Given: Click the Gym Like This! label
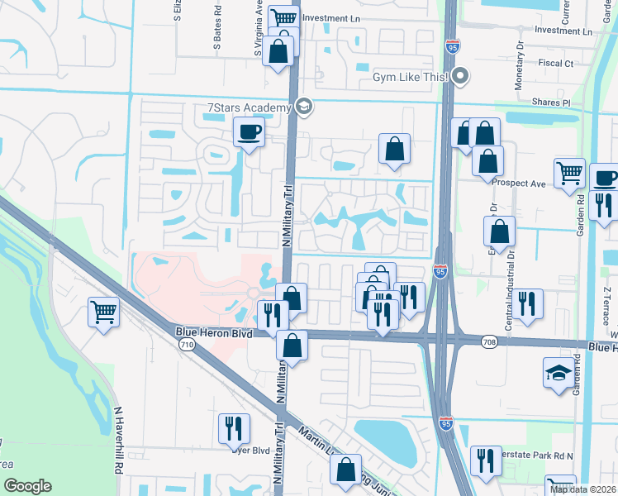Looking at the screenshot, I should pos(410,77).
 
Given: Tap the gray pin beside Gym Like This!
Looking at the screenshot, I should pos(460,78).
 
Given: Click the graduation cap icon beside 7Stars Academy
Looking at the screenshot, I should pos(303,107).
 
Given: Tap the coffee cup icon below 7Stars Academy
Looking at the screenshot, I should pos(249,132).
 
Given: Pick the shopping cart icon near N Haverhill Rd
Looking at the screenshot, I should pos(104,312).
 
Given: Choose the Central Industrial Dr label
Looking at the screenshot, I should pos(509,295).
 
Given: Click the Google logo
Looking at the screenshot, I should pos(27,486).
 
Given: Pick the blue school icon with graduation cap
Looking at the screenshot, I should pos(558,374).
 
